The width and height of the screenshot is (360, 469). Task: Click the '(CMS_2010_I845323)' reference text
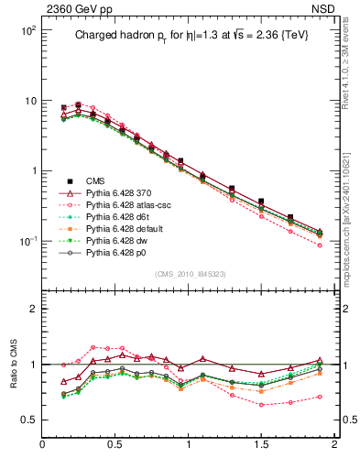[x=190, y=273]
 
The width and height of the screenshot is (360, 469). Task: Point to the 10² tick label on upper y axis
[x=28, y=30]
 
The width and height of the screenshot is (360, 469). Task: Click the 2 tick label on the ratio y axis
[x=33, y=310]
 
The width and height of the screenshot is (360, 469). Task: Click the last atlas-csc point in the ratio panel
[x=320, y=397]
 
